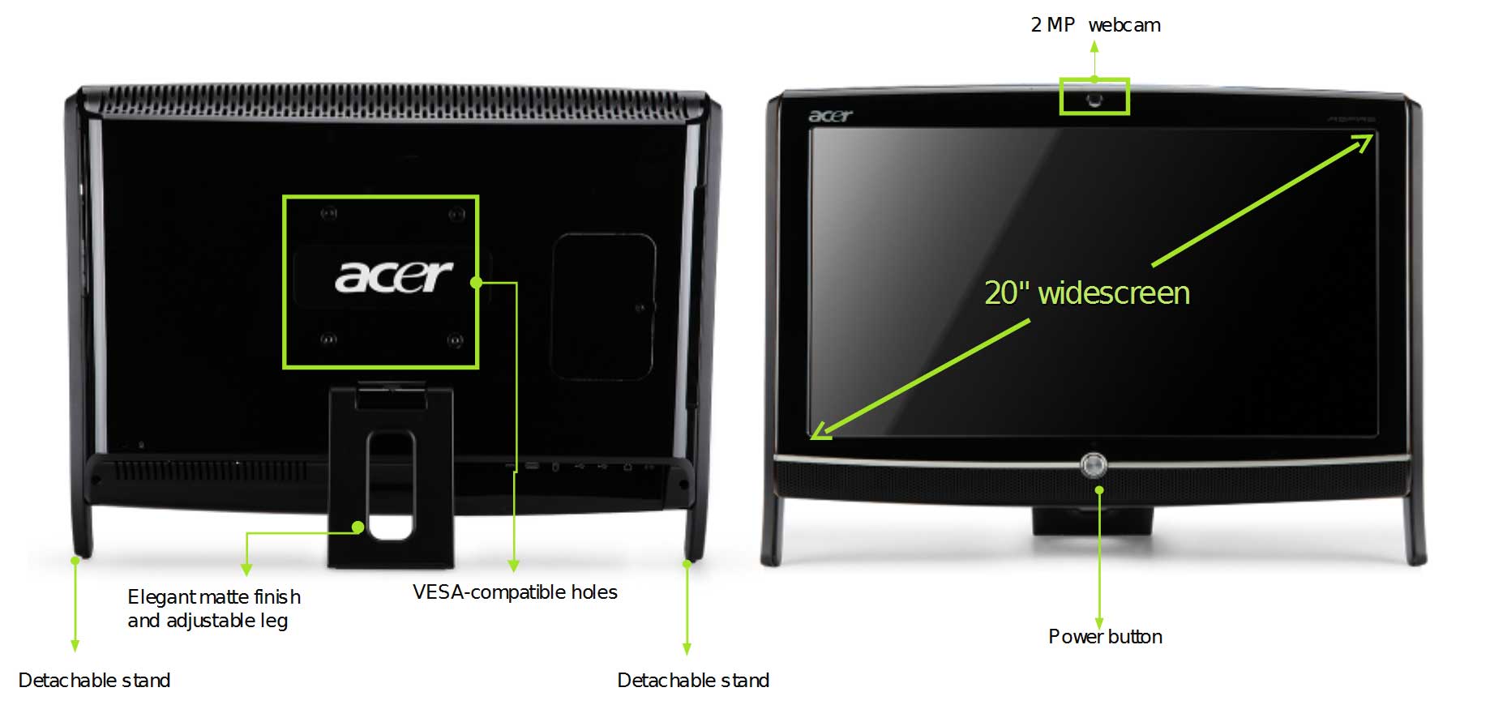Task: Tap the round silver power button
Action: tap(1093, 465)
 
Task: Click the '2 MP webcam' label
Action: tap(1095, 25)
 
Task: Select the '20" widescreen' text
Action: tap(1087, 293)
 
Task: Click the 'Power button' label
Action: tap(1105, 637)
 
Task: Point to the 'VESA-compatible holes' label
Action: tap(515, 592)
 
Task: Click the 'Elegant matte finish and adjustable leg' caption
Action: tap(213, 609)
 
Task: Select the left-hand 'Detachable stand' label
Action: tap(94, 681)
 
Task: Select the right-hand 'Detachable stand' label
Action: tap(693, 681)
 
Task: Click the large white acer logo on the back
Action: tap(393, 277)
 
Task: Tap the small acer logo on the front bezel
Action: tap(830, 116)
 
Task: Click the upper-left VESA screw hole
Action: tap(328, 214)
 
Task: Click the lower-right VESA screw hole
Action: tap(456, 340)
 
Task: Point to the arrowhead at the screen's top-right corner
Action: tap(1364, 143)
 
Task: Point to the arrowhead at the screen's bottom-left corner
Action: tap(820, 431)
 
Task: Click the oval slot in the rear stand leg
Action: tap(390, 485)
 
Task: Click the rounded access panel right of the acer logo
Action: tap(603, 306)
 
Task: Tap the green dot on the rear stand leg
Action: tap(358, 527)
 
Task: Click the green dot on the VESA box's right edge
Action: tap(477, 283)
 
